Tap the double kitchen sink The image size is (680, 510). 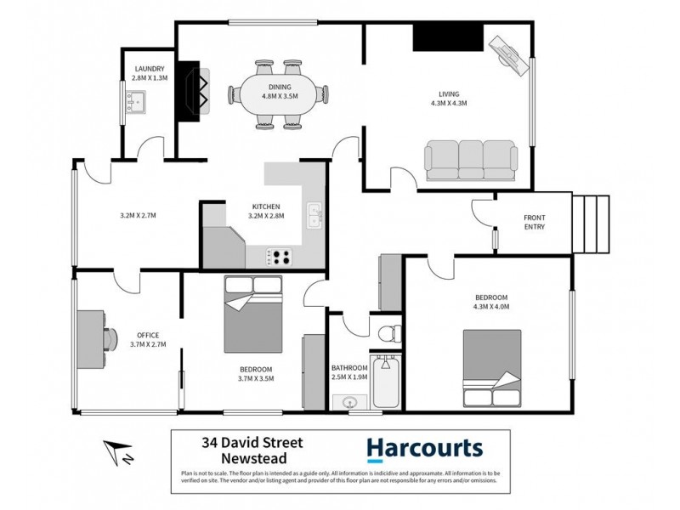pyautogui.click(x=314, y=215)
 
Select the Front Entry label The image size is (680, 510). pyautogui.click(x=534, y=222)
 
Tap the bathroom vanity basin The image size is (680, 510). pyautogui.click(x=348, y=401)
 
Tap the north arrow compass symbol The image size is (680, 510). pyautogui.click(x=116, y=453)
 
